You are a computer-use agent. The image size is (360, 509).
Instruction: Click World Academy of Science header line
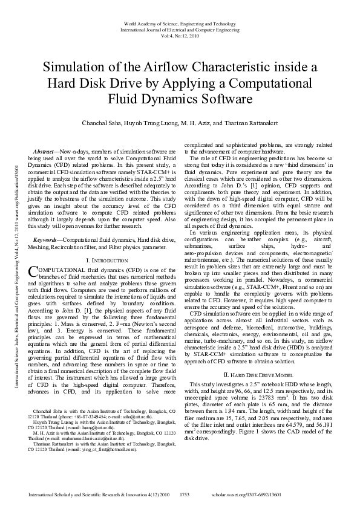(180, 23)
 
